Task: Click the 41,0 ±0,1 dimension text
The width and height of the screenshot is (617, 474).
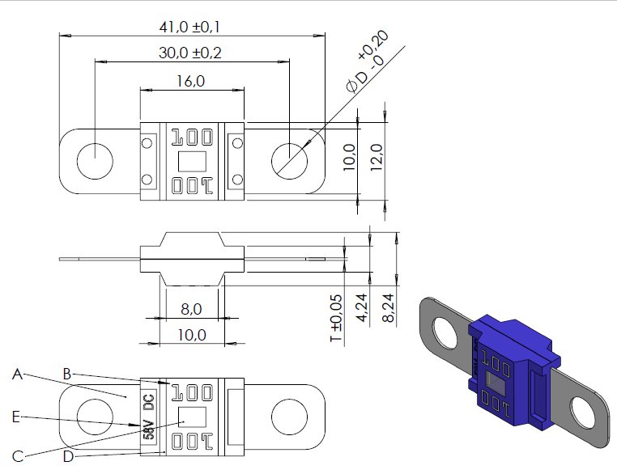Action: coord(189,28)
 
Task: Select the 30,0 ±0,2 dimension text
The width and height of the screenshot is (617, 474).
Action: coord(190,53)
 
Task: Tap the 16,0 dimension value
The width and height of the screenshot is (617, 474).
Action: coord(190,82)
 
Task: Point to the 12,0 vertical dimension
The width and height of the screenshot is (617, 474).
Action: coord(377,157)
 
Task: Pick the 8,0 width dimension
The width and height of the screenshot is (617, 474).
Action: coord(191,309)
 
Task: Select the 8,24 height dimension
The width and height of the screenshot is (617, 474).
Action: coord(389,308)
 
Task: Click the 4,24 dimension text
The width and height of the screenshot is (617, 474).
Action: coord(362,308)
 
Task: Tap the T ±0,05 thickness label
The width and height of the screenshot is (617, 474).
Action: coord(337,319)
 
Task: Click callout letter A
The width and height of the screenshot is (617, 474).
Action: coord(17,375)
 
